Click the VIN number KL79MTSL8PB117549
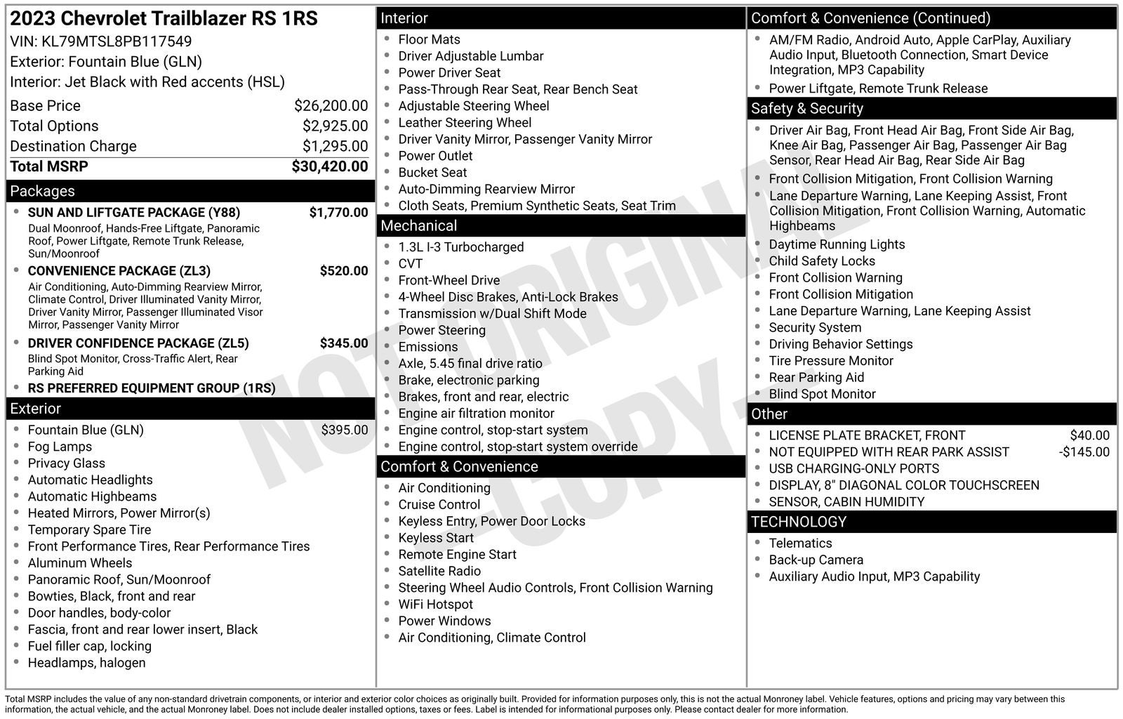click(x=117, y=41)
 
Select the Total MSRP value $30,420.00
click(x=330, y=166)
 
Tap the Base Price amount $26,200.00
click(x=331, y=106)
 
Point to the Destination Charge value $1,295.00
click(x=335, y=146)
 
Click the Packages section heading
click(x=42, y=191)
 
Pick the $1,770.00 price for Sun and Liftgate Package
click(x=338, y=213)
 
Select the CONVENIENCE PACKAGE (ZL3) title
click(x=119, y=271)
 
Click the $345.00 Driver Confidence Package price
click(x=344, y=343)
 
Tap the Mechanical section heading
click(x=418, y=225)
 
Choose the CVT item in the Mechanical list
click(x=411, y=264)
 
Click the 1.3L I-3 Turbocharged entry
click(x=460, y=247)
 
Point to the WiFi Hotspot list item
click(x=435, y=605)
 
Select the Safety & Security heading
click(x=806, y=108)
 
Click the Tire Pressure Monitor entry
click(x=830, y=361)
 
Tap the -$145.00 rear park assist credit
click(x=1084, y=452)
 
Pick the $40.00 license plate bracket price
click(x=1089, y=435)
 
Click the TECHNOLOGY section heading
click(x=798, y=522)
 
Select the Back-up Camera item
click(x=816, y=560)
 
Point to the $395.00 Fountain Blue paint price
click(x=344, y=430)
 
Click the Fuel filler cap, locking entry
click(x=89, y=647)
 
